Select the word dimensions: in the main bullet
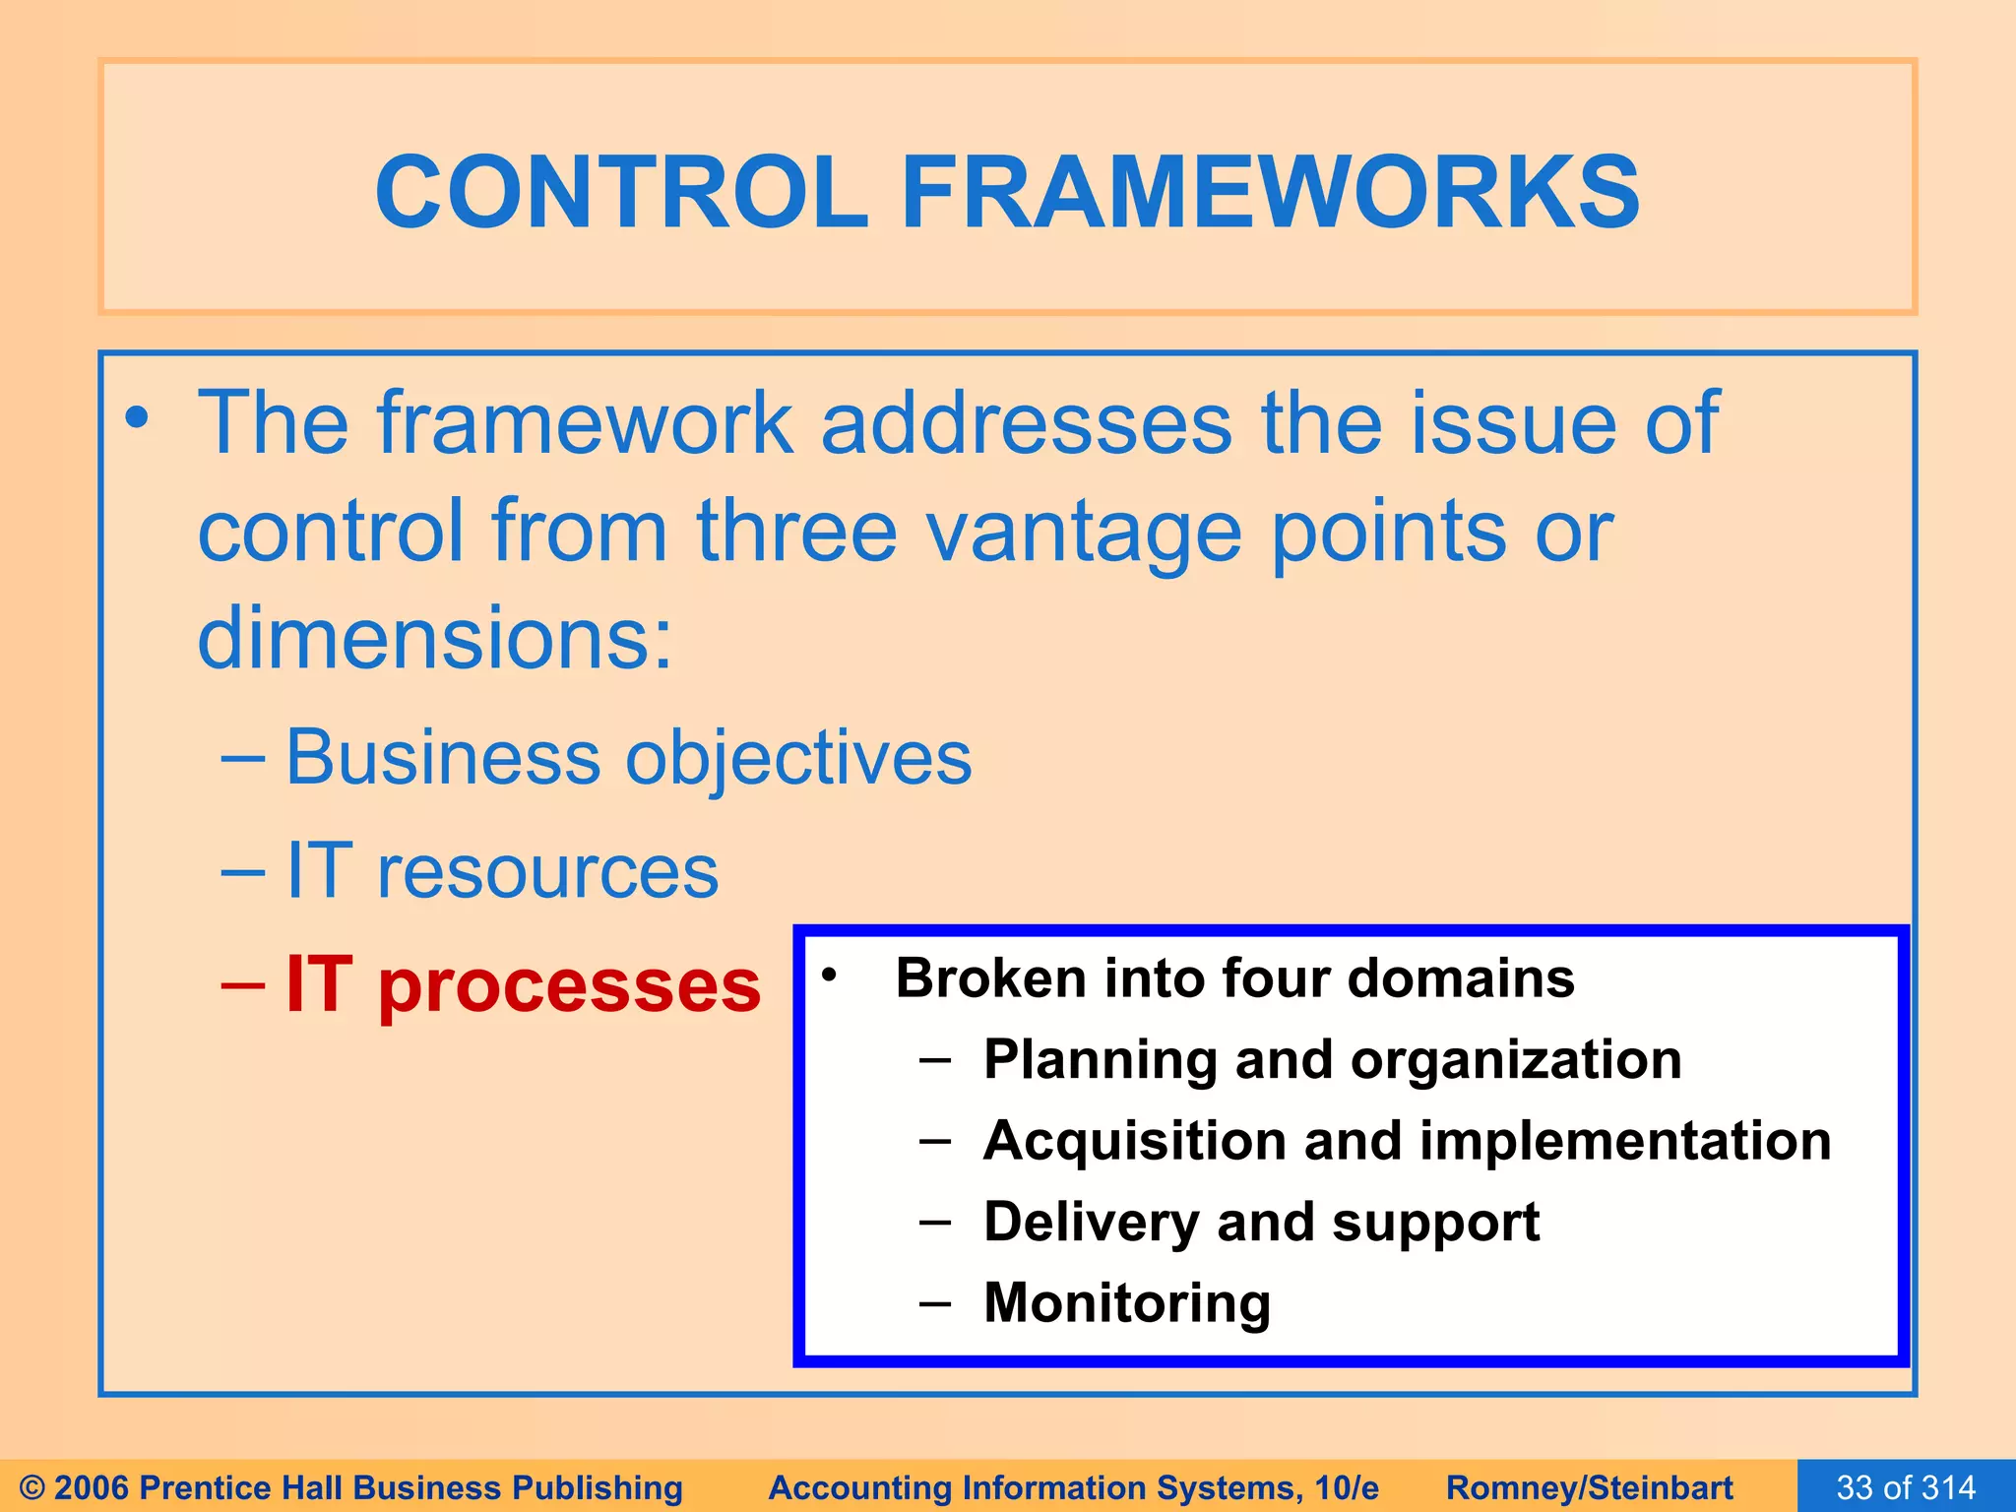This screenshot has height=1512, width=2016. pyautogui.click(x=435, y=640)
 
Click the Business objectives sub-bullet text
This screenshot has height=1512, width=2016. pyautogui.click(x=628, y=758)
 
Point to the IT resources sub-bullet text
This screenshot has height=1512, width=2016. pyautogui.click(x=502, y=872)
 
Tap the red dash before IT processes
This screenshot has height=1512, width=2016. pyautogui.click(x=243, y=984)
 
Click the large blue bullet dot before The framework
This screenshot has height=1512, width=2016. pyautogui.click(x=137, y=418)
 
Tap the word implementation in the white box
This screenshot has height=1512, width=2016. pyautogui.click(x=1625, y=1141)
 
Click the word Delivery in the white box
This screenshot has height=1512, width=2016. pyautogui.click(x=1091, y=1223)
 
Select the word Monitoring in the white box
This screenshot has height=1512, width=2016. pyautogui.click(x=1127, y=1303)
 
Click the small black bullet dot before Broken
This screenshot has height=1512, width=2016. pyautogui.click(x=829, y=976)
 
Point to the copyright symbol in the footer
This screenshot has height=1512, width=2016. pyautogui.click(x=32, y=1487)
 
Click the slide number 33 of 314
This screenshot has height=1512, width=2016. pyautogui.click(x=1906, y=1487)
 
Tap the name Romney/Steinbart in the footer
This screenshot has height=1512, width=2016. pyautogui.click(x=1589, y=1487)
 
